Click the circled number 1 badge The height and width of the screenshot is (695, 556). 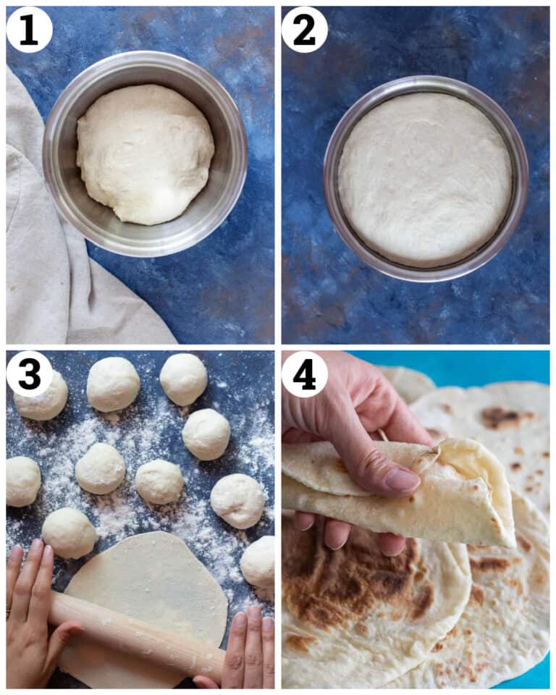click(x=29, y=30)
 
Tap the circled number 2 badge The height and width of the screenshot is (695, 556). click(x=304, y=30)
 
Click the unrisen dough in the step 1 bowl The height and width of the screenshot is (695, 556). click(x=145, y=153)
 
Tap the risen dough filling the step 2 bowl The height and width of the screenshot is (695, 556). click(x=424, y=177)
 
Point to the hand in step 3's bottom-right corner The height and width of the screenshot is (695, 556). click(x=246, y=648)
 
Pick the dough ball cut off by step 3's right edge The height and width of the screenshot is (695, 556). click(x=258, y=561)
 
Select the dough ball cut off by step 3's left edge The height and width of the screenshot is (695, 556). click(x=22, y=481)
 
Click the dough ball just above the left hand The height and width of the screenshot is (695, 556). click(x=69, y=533)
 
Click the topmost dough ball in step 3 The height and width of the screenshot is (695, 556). click(x=183, y=379)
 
